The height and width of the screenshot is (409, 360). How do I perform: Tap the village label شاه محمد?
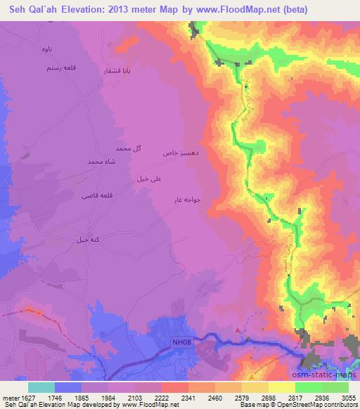click(x=100, y=162)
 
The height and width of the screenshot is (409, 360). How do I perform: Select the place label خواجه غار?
click(x=188, y=200)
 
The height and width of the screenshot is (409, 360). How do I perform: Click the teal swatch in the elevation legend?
click(x=41, y=387)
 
